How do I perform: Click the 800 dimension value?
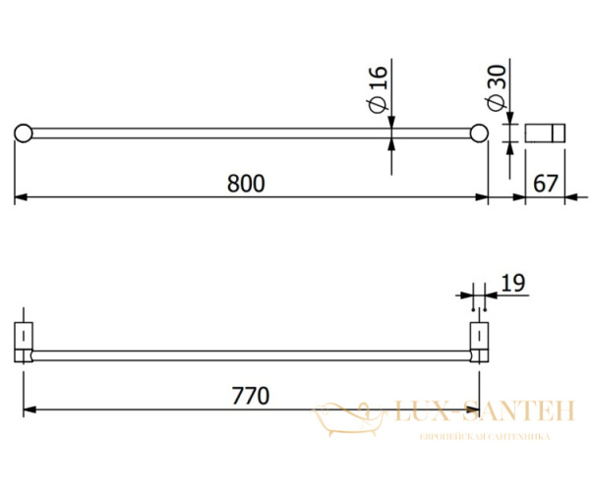click(248, 184)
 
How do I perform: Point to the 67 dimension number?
click(546, 184)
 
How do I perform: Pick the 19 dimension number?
click(512, 284)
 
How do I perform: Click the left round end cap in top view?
click(23, 134)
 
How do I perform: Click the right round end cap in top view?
click(480, 134)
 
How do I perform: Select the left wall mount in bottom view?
click(25, 341)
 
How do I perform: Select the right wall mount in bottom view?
click(479, 341)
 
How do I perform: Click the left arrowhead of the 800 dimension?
click(20, 198)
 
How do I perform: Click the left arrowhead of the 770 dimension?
click(29, 409)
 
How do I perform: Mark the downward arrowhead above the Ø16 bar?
click(391, 122)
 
